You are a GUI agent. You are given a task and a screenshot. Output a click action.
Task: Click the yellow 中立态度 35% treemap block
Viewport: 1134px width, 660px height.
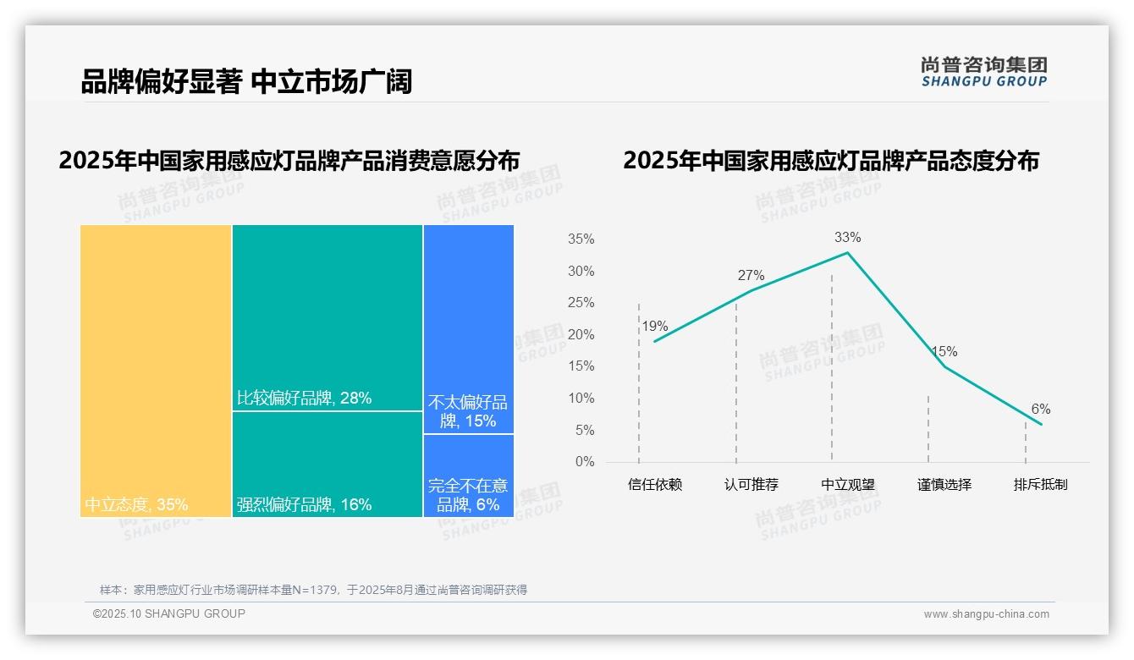click(x=156, y=371)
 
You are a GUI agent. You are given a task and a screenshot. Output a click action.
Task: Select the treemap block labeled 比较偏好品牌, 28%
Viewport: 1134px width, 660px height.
click(x=328, y=318)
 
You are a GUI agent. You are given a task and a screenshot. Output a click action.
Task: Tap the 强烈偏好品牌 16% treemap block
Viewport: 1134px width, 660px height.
click(x=328, y=464)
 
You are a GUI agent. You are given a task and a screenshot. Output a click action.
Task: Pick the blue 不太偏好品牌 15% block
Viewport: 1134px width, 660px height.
click(x=469, y=328)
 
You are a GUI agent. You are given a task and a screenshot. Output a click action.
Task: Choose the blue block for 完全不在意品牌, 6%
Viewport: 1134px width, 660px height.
click(x=469, y=476)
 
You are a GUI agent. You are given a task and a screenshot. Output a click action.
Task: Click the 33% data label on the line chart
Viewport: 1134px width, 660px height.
click(x=847, y=237)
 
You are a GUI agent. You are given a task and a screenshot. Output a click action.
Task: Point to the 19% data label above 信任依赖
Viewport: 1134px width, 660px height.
click(x=654, y=326)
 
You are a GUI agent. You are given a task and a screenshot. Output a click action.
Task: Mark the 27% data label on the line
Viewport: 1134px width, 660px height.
click(x=751, y=275)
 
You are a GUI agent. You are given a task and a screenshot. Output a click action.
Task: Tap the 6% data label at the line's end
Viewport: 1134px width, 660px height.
click(x=1040, y=410)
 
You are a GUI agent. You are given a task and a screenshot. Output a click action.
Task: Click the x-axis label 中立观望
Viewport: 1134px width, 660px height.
click(x=847, y=485)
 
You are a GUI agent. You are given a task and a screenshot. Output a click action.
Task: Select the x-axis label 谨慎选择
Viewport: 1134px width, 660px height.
click(x=944, y=485)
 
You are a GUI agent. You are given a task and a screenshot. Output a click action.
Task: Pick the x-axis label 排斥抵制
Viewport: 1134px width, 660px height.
click(x=1040, y=485)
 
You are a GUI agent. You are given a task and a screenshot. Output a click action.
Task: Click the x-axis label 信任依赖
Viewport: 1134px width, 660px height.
click(x=654, y=485)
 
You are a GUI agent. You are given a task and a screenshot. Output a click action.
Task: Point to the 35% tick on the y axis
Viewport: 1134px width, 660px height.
click(x=581, y=239)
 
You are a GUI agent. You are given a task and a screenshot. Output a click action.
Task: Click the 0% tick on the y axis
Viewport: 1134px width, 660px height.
click(x=584, y=462)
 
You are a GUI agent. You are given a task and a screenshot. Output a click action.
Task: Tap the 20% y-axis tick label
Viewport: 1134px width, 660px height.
click(x=581, y=335)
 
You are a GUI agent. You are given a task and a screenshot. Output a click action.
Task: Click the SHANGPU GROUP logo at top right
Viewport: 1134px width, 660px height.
click(x=983, y=72)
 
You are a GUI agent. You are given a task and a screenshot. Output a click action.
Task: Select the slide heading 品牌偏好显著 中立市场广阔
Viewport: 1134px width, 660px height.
click(x=246, y=81)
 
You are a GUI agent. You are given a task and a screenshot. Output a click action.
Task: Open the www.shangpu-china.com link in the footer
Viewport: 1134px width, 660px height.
click(x=986, y=614)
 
